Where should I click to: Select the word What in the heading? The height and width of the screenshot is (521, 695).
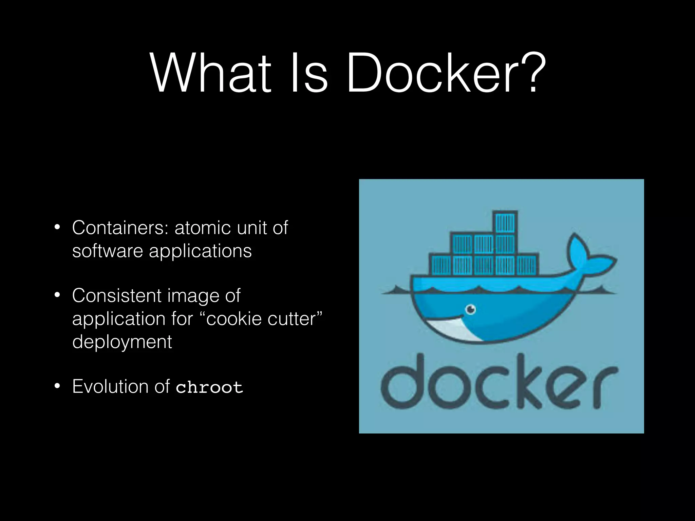click(210, 73)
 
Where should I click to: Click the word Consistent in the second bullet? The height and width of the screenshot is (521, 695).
click(117, 295)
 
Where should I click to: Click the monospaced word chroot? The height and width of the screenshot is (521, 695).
click(209, 387)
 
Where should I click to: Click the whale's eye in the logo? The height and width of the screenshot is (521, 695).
click(470, 309)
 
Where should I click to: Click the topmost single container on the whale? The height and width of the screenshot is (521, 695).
click(505, 222)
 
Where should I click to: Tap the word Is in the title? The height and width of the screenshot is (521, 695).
click(309, 73)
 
